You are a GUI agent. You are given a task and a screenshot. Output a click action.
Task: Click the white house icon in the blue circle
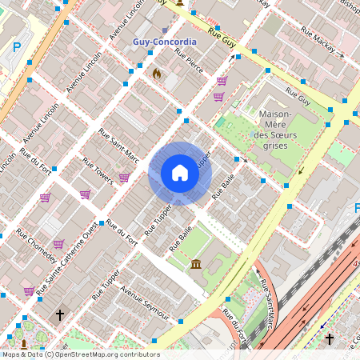tap(179, 173)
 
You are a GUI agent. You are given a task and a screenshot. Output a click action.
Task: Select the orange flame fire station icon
tap(157, 74)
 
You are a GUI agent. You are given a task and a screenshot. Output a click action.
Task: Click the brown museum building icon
tap(196, 264)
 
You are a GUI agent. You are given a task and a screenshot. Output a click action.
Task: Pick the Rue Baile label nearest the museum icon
tap(182, 239)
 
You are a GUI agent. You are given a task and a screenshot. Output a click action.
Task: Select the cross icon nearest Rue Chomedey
tap(59, 315)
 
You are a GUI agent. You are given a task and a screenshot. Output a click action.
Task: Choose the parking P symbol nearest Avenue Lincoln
tap(17, 47)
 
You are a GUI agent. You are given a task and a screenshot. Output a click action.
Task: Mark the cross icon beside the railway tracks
tap(330, 339)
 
